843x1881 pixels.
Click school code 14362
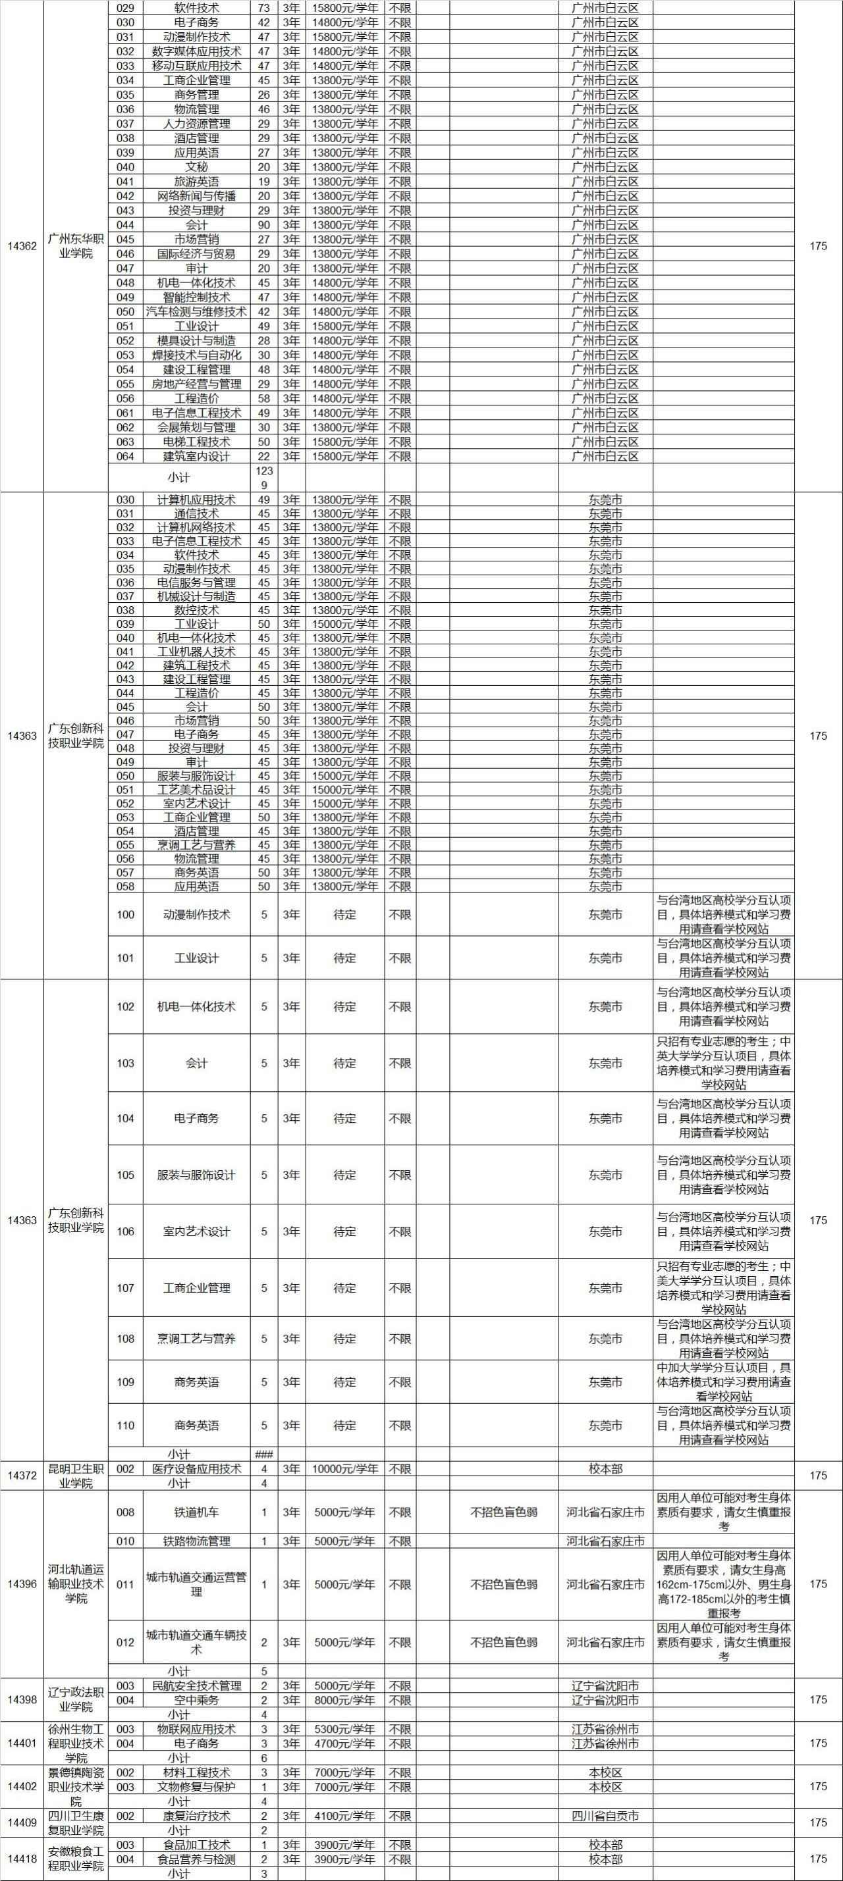pyautogui.click(x=22, y=246)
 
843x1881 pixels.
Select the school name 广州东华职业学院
pyautogui.click(x=76, y=246)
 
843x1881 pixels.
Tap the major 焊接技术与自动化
pyautogui.click(x=196, y=355)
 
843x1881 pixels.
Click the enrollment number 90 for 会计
pyautogui.click(x=265, y=225)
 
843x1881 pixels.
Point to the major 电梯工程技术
pyautogui.click(x=196, y=442)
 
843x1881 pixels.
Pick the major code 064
pyautogui.click(x=126, y=456)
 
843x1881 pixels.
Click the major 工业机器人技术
pyautogui.click(x=196, y=652)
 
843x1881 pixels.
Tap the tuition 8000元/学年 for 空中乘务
pyautogui.click(x=345, y=1700)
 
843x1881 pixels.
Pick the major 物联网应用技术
pyautogui.click(x=196, y=1729)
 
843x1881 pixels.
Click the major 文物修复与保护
pyautogui.click(x=196, y=1787)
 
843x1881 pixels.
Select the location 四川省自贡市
pyautogui.click(x=606, y=1816)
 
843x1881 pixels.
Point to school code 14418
pyautogui.click(x=22, y=1859)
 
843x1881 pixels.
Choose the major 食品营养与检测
pyautogui.click(x=196, y=1859)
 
